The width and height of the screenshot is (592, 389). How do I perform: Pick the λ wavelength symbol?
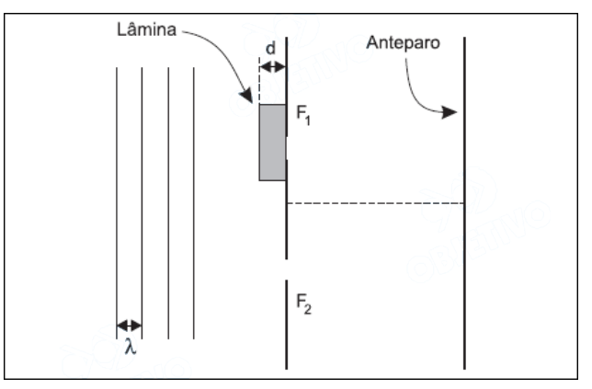point(129,347)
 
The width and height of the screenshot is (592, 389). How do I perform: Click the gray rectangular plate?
point(272,143)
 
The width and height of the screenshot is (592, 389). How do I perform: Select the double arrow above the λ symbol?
point(129,325)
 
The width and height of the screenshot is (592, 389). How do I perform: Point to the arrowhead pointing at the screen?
point(450,112)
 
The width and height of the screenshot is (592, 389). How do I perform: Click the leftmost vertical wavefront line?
point(116,202)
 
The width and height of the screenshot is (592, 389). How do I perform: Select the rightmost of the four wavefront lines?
point(194,202)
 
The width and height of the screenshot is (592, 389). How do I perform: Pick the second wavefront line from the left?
point(142,202)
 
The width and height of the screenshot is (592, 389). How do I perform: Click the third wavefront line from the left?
point(168,202)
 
